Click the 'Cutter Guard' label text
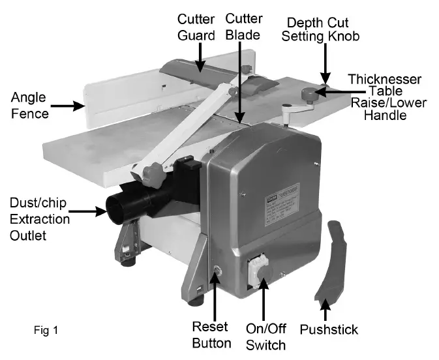pos(197,26)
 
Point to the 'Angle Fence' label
pos(30,106)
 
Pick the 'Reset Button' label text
pos(211,334)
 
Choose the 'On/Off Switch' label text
pos(264,334)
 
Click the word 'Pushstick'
pos(329,329)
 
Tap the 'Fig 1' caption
pos(46,330)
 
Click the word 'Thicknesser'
pos(384,79)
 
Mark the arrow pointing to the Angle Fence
pos(67,104)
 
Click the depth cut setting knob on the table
pos(307,96)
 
